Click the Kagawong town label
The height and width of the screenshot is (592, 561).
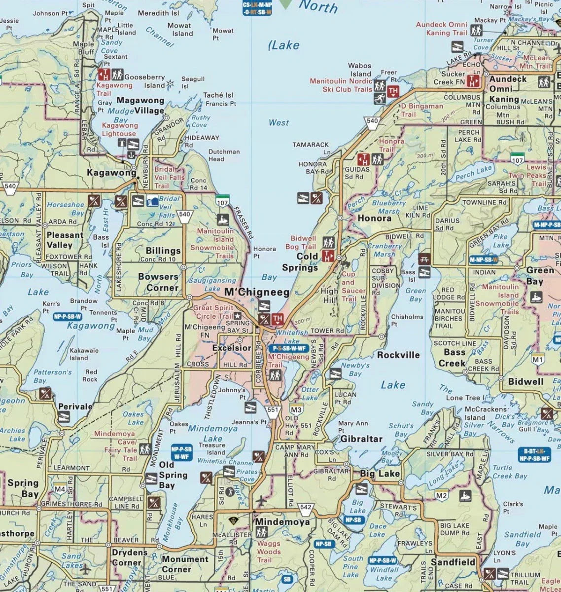click(x=111, y=173)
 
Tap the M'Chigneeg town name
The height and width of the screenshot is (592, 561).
click(x=256, y=293)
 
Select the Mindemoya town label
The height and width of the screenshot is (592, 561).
click(x=282, y=522)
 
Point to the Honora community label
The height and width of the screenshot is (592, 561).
click(x=374, y=218)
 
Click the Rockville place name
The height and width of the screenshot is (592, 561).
click(x=398, y=355)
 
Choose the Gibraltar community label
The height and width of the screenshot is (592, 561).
click(x=361, y=439)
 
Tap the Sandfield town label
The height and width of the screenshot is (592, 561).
click(x=453, y=562)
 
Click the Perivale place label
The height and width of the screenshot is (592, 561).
click(x=75, y=407)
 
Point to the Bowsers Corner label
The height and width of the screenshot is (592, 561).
click(x=158, y=282)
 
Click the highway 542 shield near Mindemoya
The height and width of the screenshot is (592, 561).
click(x=306, y=508)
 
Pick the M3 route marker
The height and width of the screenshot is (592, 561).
click(x=296, y=409)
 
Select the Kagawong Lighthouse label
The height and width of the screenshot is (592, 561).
click(x=119, y=129)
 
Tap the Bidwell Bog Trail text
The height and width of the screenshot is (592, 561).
click(x=303, y=242)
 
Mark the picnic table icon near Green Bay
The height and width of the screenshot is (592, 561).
click(x=424, y=259)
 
